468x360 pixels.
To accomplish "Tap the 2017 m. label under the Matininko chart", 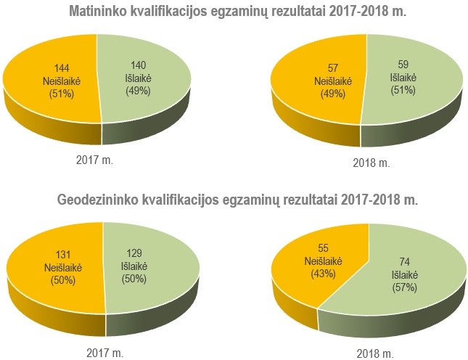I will (x=94, y=158).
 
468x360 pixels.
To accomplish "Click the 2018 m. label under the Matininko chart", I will (x=371, y=163).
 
